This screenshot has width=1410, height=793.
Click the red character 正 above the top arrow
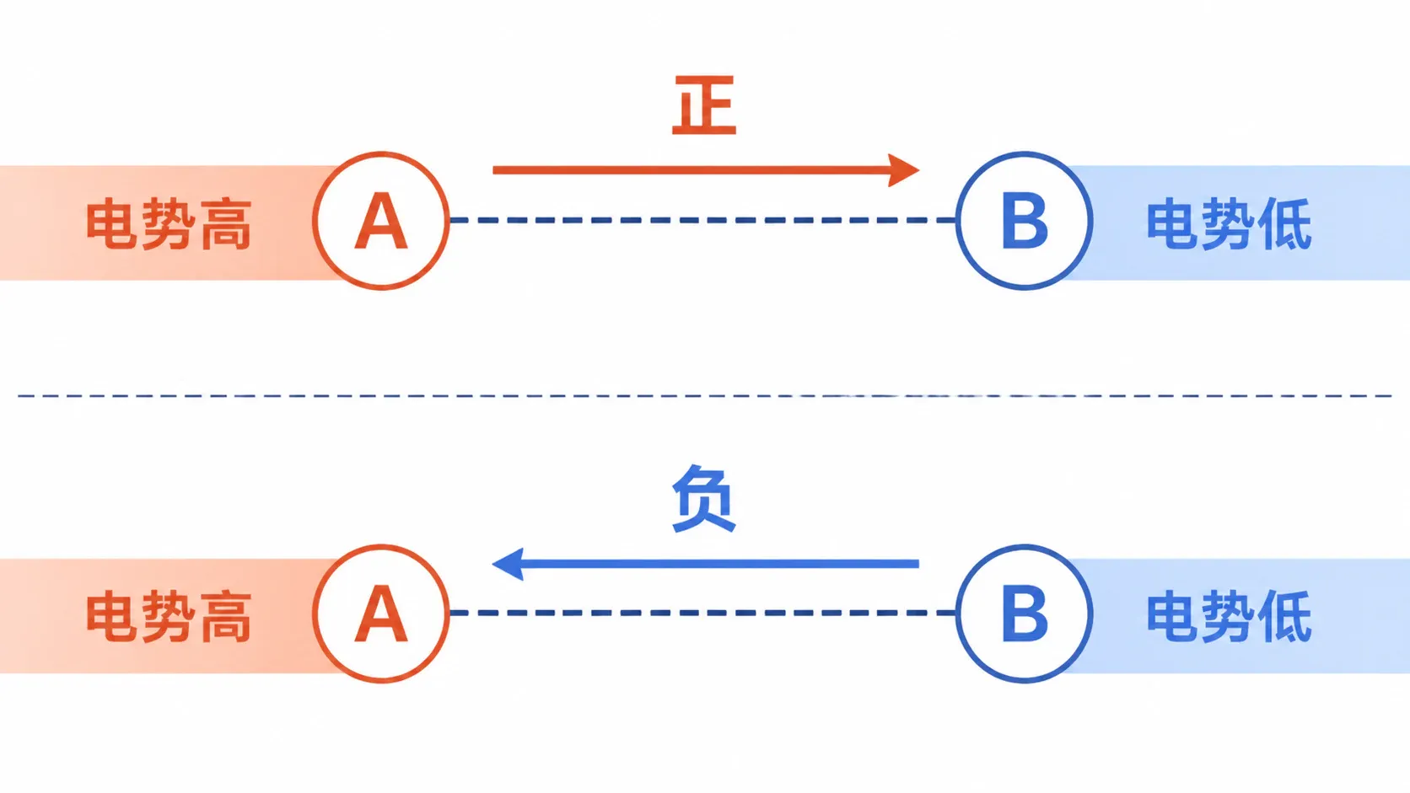[704, 105]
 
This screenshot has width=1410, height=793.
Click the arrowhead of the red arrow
[904, 169]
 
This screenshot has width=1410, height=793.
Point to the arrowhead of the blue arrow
[508, 564]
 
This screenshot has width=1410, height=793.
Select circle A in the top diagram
[381, 152]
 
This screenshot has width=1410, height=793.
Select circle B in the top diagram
[1024, 152]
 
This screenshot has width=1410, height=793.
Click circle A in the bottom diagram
[381, 545]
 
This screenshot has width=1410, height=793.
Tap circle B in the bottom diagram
[1024, 545]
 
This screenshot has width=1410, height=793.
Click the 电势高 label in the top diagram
[169, 224]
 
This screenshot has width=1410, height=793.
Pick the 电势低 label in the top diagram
[1230, 224]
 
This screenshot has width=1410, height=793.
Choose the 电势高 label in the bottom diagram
[169, 617]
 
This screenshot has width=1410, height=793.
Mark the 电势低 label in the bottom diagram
[1230, 617]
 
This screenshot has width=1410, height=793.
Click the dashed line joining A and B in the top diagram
[703, 220]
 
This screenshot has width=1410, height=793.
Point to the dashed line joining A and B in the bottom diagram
[703, 613]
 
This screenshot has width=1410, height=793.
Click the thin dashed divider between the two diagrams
[705, 395]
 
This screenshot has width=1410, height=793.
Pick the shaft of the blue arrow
[721, 564]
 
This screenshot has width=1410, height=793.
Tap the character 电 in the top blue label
[1172, 224]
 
